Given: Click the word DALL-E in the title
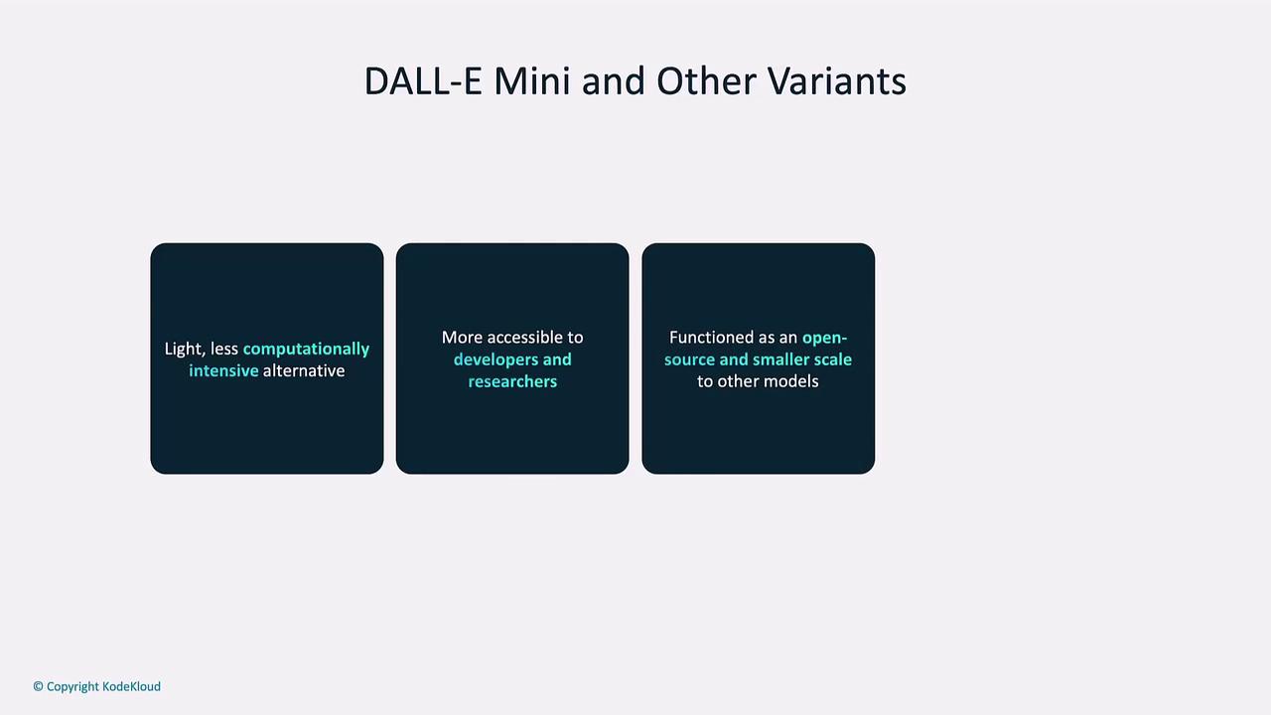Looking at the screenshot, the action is (423, 81).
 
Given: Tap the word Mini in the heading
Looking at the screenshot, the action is (531, 81).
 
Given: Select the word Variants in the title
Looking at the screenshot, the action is (837, 81).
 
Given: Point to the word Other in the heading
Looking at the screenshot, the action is (706, 81).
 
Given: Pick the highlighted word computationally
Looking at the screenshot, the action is (306, 349).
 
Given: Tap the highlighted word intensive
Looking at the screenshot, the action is (223, 370).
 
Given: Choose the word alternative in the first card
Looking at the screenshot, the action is (304, 370).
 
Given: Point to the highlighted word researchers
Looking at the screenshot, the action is (512, 381).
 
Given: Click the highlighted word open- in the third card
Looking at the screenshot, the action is (824, 339).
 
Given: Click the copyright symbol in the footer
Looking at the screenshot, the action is (38, 686).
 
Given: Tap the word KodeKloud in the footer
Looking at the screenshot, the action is (132, 686).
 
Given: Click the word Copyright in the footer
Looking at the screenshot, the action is (72, 687).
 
